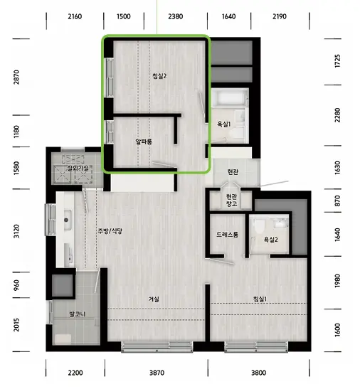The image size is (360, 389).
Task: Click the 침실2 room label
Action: tap(159, 76)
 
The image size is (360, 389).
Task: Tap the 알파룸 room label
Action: tap(144, 142)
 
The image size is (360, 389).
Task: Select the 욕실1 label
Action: tap(223, 124)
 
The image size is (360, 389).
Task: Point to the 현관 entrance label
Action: tap(233, 171)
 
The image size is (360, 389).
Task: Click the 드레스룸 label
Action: tap(227, 235)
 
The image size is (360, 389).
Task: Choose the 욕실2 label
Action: tap(270, 240)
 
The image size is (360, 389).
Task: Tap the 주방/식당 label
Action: tap(110, 231)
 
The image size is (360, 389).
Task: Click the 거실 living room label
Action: tap(154, 299)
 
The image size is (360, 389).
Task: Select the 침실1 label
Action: tap(260, 299)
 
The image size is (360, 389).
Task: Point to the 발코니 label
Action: tap(78, 314)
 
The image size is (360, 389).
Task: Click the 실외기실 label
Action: tap(78, 169)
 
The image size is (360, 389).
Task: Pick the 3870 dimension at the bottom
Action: tap(157, 373)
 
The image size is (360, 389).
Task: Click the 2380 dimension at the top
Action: tap(175, 16)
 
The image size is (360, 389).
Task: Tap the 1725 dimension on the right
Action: tap(337, 61)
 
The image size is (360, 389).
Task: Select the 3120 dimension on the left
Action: tap(16, 231)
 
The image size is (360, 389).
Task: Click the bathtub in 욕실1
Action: tap(230, 97)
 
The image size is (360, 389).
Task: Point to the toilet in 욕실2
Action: tap(260, 226)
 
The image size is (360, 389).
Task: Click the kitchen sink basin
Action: tap(68, 220)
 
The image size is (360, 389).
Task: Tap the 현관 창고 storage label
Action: tap(231, 201)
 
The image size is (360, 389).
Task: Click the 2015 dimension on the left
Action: tap(16, 325)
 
